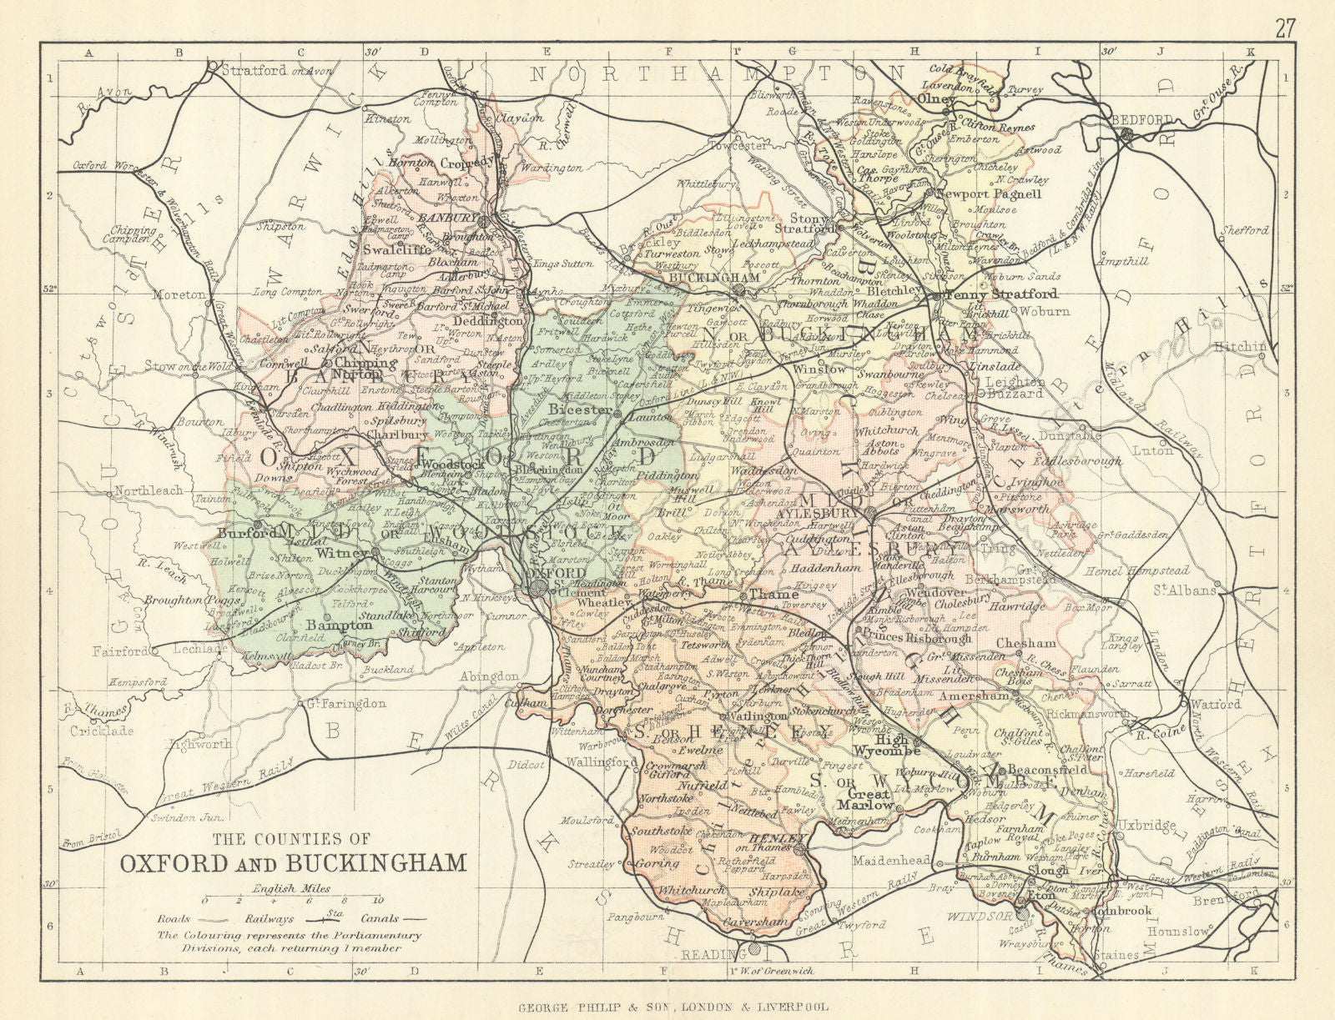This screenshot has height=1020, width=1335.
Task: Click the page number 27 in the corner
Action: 1285,14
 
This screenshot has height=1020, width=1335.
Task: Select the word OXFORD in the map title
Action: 170,861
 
